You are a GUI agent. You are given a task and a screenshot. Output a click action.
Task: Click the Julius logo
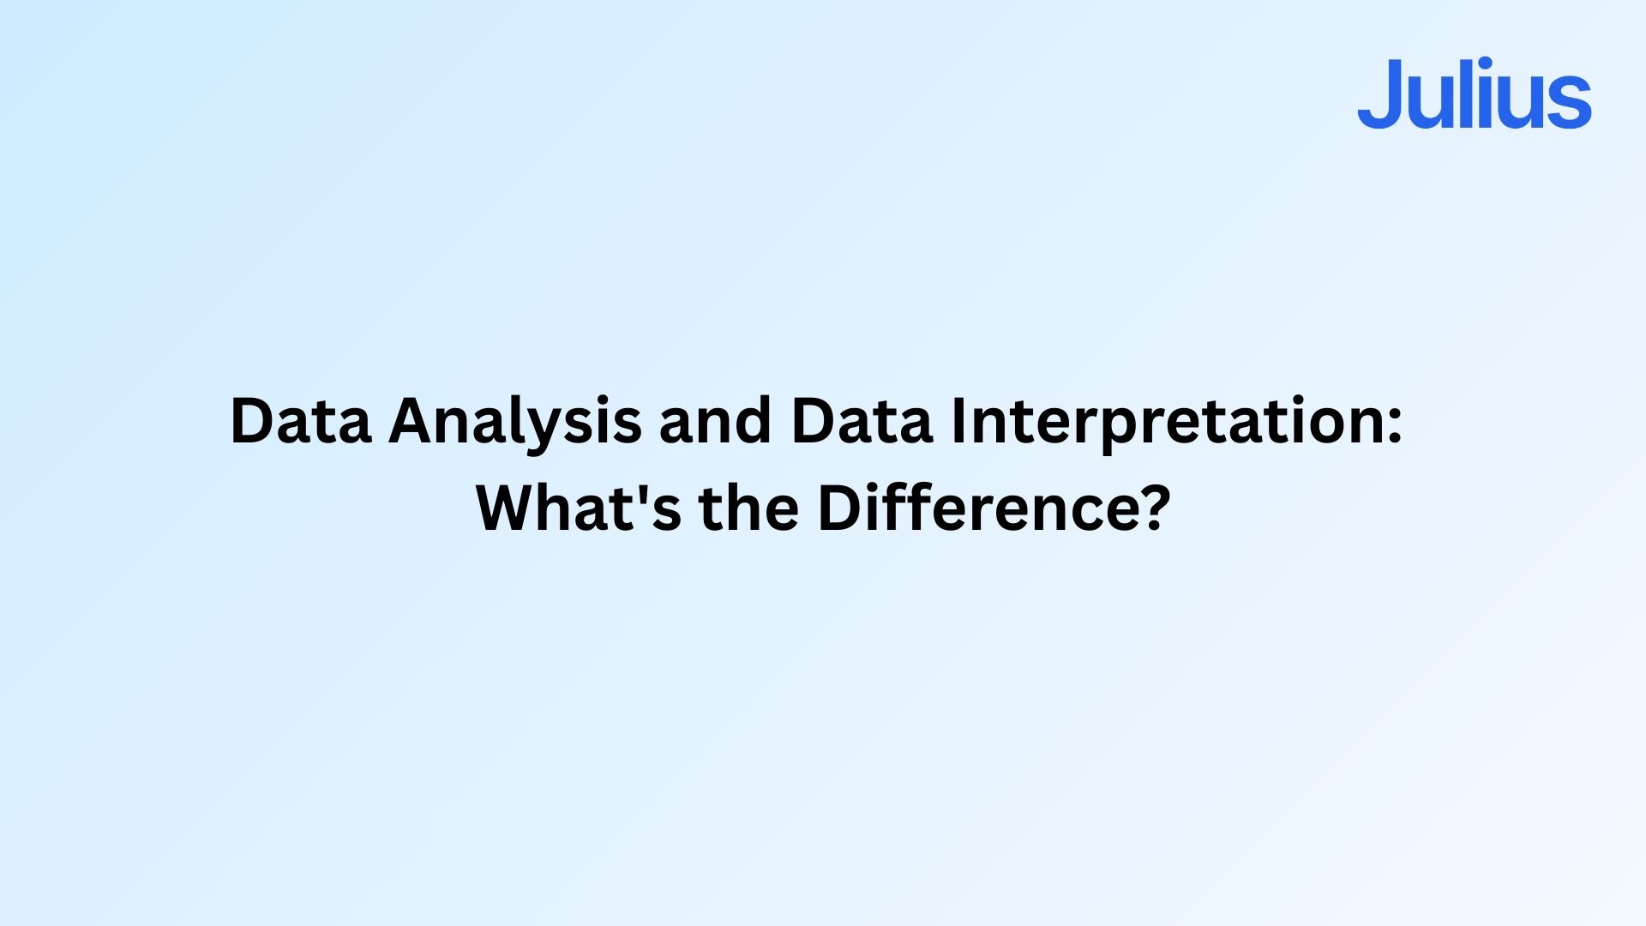coord(1475,93)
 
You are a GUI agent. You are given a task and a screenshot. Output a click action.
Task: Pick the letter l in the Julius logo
coord(1469,93)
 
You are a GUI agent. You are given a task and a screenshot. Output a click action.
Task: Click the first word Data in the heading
coord(301,420)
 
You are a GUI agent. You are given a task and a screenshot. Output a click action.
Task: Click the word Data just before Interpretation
coord(862,420)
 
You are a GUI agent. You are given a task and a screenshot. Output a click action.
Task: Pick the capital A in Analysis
coord(415,420)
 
